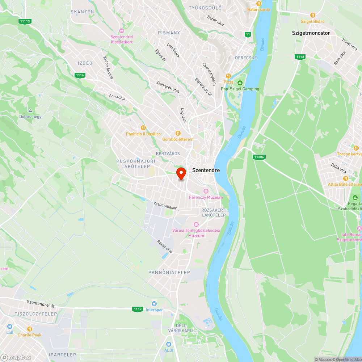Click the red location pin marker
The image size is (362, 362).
click(x=181, y=173)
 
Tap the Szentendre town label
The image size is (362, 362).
click(x=206, y=170)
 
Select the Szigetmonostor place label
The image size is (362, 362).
click(x=311, y=33)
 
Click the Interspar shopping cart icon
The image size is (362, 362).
click(x=155, y=303)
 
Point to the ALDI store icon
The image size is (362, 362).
click(x=168, y=344)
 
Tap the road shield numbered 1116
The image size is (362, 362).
click(x=80, y=75)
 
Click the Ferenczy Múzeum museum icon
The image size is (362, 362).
click(x=206, y=191)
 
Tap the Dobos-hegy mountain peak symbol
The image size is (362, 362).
click(x=30, y=110)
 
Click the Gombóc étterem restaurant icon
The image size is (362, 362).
click(x=178, y=133)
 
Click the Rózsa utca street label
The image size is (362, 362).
click(x=164, y=247)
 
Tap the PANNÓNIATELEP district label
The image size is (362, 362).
click(x=169, y=272)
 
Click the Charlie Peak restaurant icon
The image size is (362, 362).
click(x=30, y=329)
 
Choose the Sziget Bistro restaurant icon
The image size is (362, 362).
click(x=313, y=15)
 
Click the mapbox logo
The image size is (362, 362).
click(x=16, y=357)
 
